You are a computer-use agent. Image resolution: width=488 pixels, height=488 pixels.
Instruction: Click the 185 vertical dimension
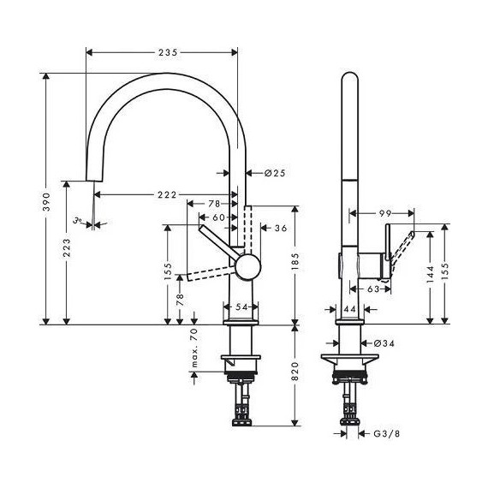pos(296,276)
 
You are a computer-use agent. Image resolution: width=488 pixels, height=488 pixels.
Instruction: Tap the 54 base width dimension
pos(241,306)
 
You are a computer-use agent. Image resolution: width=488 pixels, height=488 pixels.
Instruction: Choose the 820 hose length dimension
pos(296,372)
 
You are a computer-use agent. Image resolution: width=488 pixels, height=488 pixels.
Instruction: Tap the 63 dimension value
pos(373,290)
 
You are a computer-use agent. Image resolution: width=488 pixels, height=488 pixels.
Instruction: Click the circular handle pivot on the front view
pos(246,266)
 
